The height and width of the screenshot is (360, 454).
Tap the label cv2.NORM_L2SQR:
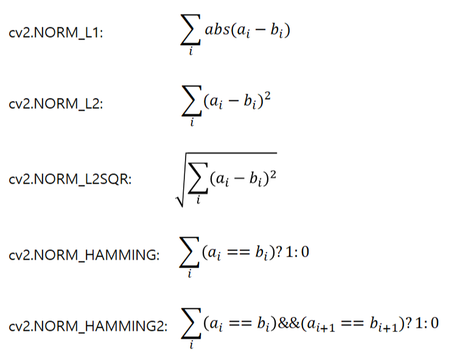[x=71, y=181]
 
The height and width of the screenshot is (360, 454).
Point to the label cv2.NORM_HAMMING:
[x=85, y=255]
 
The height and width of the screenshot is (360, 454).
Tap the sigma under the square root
[x=198, y=179]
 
